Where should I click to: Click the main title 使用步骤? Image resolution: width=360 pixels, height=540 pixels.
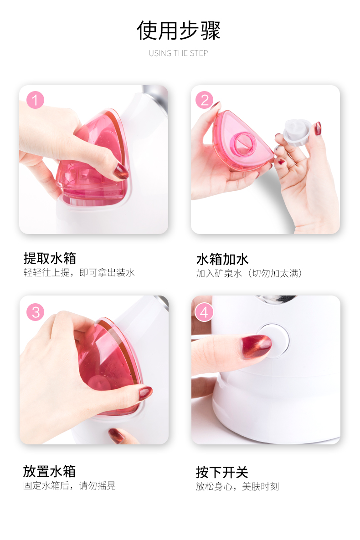click(x=179, y=31)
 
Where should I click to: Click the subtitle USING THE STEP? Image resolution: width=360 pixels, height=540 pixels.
click(x=178, y=53)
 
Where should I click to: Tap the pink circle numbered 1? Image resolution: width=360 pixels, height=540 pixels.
click(x=35, y=100)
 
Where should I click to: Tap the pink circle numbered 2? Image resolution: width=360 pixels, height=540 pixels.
click(x=205, y=100)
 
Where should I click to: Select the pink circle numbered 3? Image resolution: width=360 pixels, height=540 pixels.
click(x=35, y=312)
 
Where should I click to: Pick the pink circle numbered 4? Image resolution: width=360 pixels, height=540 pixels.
click(x=204, y=312)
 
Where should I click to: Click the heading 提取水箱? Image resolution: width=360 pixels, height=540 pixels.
click(x=50, y=258)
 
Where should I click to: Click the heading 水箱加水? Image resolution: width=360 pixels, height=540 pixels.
click(x=222, y=259)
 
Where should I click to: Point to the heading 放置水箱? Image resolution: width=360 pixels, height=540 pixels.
click(x=49, y=471)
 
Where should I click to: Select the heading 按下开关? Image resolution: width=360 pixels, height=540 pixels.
click(x=222, y=472)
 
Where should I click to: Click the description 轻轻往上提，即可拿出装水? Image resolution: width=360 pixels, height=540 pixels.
click(x=79, y=273)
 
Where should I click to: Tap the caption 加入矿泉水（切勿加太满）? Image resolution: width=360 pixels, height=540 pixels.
click(x=249, y=274)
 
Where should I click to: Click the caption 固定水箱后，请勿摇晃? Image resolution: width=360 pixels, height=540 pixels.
click(x=69, y=485)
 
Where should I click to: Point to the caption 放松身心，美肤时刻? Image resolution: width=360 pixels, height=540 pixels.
click(x=237, y=487)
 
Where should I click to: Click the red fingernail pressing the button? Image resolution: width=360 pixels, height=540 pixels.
click(x=257, y=346)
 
